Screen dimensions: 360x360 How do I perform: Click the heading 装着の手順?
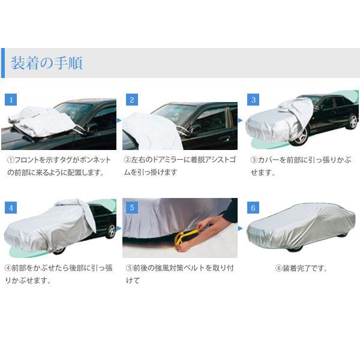pos(47,62)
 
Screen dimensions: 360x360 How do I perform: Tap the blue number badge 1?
pos(11,100)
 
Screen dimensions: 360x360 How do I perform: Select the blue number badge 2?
pos(132,100)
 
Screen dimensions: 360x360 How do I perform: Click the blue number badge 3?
pos(253,100)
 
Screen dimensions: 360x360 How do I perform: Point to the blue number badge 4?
pos(11,208)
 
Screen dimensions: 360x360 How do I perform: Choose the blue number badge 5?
pos(132,208)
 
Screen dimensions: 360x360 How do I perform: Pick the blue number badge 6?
pos(253,208)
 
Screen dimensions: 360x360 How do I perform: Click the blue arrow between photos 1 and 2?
pos(119,121)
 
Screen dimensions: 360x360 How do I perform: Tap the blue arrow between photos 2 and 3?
pos(241,121)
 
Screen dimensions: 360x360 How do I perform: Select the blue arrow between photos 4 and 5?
pos(119,228)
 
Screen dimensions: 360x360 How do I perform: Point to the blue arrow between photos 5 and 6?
pos(241,228)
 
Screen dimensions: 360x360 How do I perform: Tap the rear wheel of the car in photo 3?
pos(352,122)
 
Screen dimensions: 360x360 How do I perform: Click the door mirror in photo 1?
pos(92,128)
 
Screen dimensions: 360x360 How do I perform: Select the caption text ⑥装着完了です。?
pos(301,268)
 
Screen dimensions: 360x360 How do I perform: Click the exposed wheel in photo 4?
pos(111,231)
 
